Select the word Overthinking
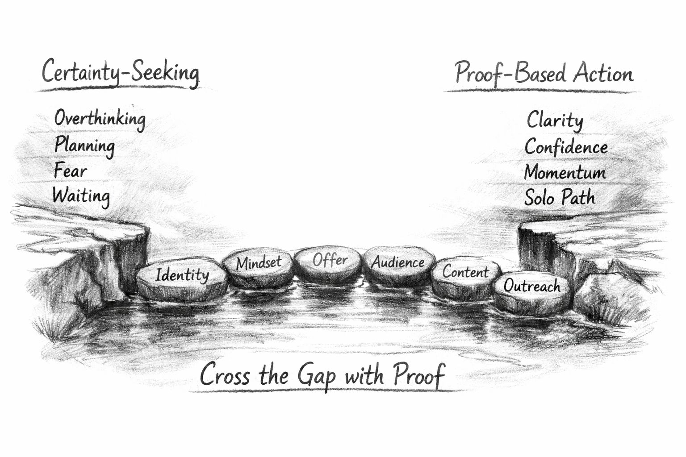100,119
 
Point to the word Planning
84,145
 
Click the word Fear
70,170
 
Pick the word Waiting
81,196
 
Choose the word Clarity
555,120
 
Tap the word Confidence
566,147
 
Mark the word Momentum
565,172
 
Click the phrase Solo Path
560,198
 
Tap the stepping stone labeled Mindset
258,266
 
